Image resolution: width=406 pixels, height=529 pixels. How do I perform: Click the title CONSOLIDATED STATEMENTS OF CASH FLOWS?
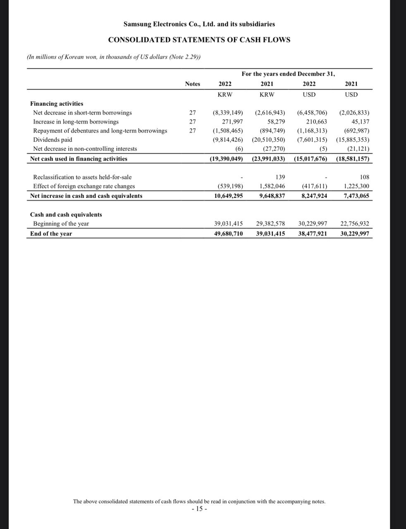coord(199,40)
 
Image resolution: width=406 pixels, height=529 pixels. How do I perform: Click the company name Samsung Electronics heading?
coord(199,24)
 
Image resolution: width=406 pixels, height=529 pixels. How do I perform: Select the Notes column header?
coord(192,84)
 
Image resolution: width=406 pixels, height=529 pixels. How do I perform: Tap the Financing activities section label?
coord(57,104)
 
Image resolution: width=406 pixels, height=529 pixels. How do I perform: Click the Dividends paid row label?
coord(53,140)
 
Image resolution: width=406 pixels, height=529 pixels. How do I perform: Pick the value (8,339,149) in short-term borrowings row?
coord(227,112)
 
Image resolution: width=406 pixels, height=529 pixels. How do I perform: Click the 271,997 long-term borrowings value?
coord(232,122)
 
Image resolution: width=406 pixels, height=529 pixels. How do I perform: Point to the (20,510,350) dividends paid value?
coord(268,140)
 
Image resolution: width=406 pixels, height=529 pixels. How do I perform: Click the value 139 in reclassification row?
coord(280,177)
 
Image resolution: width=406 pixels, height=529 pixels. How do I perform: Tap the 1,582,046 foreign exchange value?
coord(272,186)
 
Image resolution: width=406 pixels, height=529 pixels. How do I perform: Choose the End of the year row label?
coord(51,234)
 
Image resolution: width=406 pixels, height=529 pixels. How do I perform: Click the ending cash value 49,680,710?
coord(228,234)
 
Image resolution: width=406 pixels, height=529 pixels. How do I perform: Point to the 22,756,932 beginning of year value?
coord(354,224)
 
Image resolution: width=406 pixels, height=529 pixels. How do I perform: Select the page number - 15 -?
coord(199,509)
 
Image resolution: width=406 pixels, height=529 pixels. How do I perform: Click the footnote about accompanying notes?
coord(199,501)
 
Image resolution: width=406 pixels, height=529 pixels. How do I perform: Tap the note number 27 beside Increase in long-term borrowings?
coord(192,122)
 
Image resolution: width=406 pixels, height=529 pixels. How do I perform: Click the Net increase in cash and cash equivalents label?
coord(86,196)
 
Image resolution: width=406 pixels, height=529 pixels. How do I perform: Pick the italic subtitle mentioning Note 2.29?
coord(114,57)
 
